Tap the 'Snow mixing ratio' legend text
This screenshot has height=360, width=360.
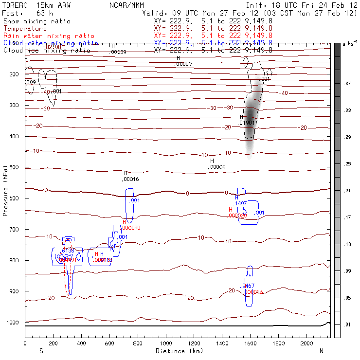point(36,21)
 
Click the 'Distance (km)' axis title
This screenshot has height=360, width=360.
point(177,351)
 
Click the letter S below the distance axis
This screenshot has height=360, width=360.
point(41,351)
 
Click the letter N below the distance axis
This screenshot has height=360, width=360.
point(322,351)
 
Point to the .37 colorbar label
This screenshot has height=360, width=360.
point(347,84)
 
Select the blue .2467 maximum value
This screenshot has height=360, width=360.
point(248,286)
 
